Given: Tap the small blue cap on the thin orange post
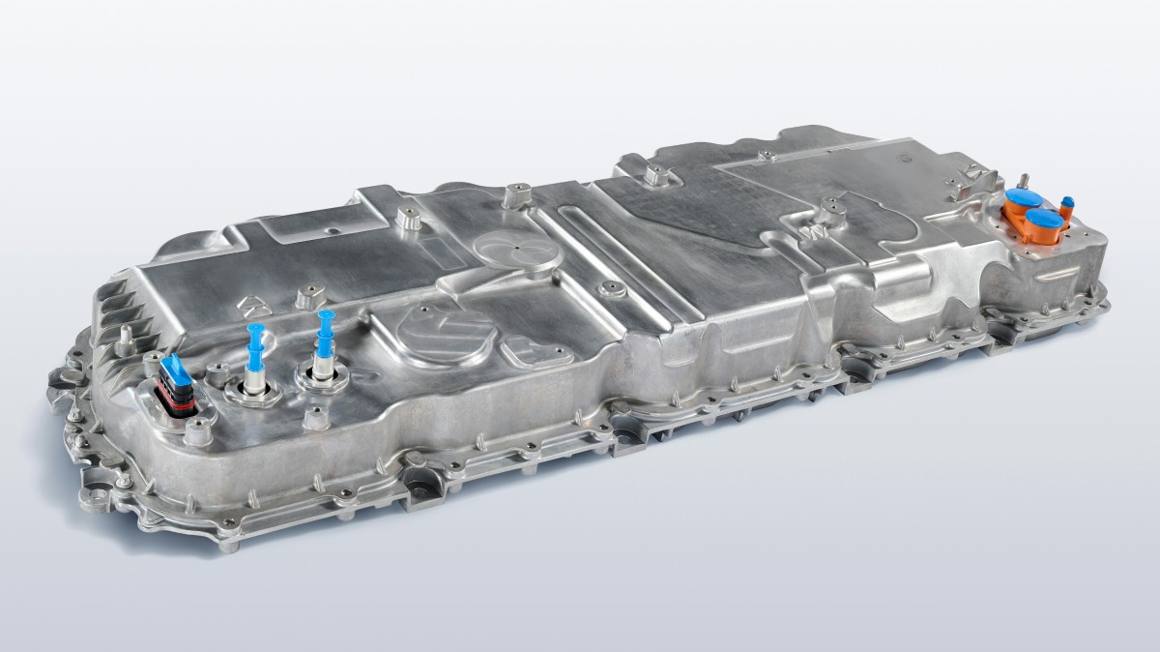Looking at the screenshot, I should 1067,204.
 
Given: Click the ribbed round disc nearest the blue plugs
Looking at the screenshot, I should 435,330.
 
